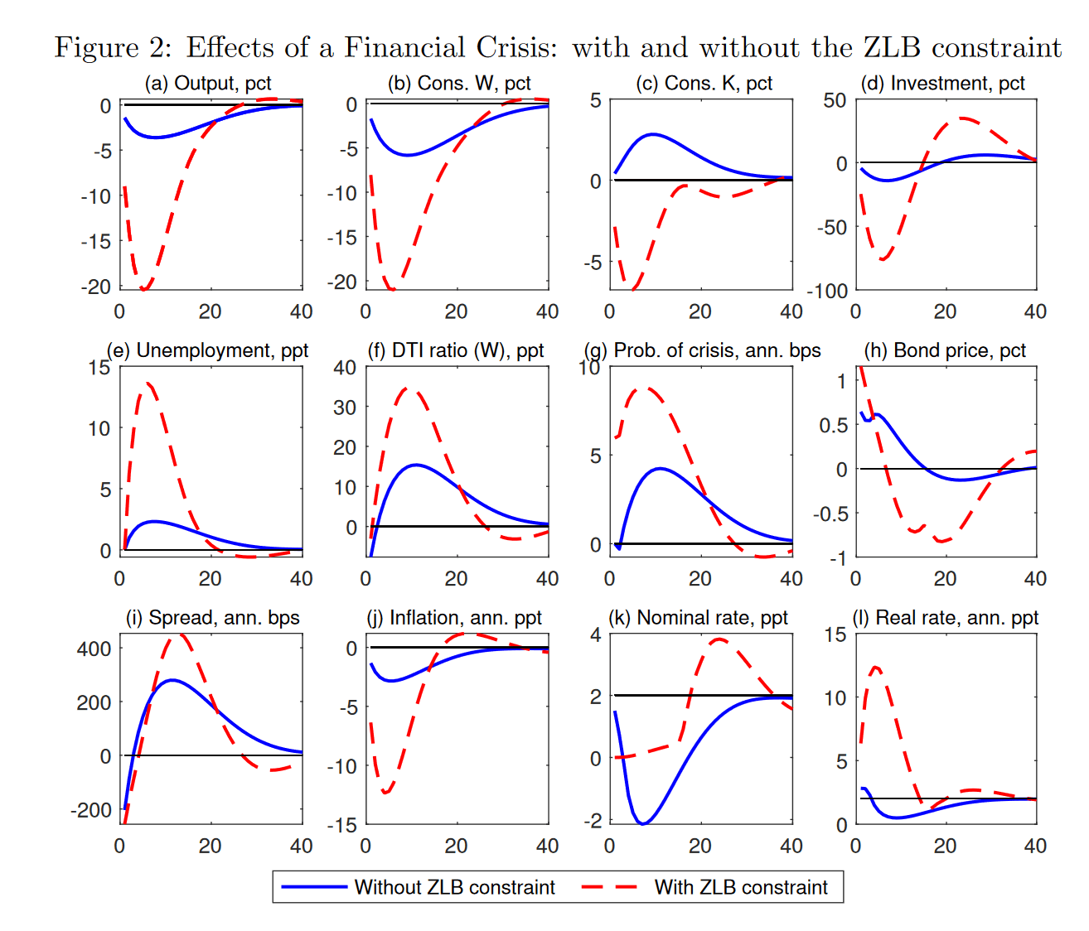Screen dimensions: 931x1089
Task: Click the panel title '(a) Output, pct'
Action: point(207,84)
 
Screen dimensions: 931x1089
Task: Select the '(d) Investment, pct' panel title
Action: point(942,84)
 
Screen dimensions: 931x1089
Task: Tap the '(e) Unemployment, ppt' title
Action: point(207,350)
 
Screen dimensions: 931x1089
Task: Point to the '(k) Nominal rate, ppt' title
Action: point(698,618)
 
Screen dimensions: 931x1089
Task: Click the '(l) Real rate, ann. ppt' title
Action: point(945,618)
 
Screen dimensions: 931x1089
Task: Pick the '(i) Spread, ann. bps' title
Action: point(212,618)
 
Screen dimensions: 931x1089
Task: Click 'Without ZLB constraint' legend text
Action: point(454,887)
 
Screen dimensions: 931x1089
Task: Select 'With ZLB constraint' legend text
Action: point(740,887)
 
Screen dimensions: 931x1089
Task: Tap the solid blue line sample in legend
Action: point(313,887)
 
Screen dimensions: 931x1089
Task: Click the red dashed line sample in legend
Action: point(609,887)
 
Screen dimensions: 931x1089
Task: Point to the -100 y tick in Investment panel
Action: point(827,291)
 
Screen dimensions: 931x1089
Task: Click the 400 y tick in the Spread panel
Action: point(94,649)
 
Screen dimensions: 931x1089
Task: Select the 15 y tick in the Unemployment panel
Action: point(99,367)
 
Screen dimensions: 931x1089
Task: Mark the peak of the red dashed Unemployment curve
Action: point(148,383)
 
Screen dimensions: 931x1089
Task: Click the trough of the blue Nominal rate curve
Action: point(642,823)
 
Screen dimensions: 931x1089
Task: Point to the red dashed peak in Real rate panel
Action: point(876,667)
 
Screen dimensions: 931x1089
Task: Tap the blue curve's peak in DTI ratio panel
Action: point(416,465)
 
